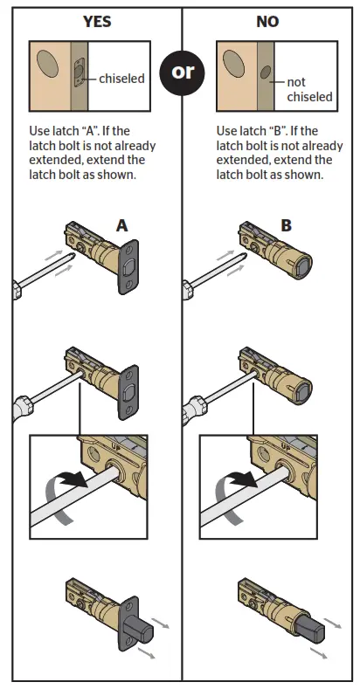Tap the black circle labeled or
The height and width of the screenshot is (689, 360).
(183, 72)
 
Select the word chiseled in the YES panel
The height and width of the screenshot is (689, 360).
(121, 79)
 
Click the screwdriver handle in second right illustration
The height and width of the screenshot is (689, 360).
(193, 406)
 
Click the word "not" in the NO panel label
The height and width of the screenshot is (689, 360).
(296, 81)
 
